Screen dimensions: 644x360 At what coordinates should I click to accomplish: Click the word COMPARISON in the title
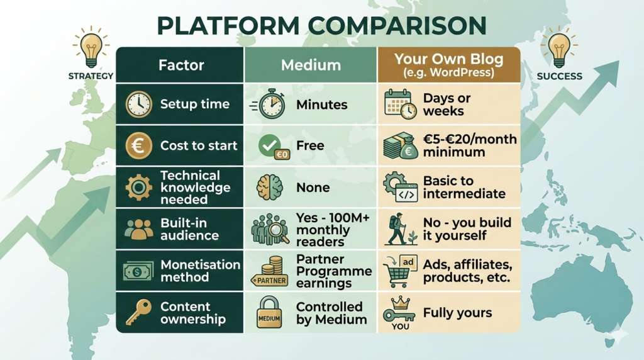pyautogui.click(x=397, y=25)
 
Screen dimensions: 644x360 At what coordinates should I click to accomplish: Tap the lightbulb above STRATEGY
pyautogui.click(x=91, y=48)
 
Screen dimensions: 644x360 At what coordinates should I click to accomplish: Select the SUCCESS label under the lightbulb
pyautogui.click(x=559, y=76)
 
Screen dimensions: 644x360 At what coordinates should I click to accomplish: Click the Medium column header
pyautogui.click(x=311, y=65)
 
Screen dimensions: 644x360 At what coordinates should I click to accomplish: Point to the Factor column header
pyautogui.click(x=181, y=65)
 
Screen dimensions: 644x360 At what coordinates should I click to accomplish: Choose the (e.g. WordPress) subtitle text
pyautogui.click(x=448, y=73)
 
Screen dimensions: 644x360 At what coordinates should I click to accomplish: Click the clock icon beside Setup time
pyautogui.click(x=139, y=104)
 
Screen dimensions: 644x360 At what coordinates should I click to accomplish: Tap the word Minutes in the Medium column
pyautogui.click(x=321, y=105)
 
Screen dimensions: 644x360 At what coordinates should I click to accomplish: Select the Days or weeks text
pyautogui.click(x=447, y=104)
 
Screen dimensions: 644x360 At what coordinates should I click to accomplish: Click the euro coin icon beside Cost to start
pyautogui.click(x=139, y=145)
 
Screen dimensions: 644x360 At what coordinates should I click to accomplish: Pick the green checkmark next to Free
pyautogui.click(x=269, y=145)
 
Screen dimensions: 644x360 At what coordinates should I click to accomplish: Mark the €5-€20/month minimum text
pyautogui.click(x=470, y=145)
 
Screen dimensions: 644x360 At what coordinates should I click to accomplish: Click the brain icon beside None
pyautogui.click(x=269, y=188)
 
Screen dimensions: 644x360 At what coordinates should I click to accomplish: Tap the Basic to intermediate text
pyautogui.click(x=464, y=187)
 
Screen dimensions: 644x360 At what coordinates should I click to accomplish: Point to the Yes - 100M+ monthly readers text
pyautogui.click(x=333, y=230)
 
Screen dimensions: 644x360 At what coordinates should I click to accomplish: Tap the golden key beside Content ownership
pyautogui.click(x=138, y=312)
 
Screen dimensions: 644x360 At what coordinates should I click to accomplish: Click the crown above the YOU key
pyautogui.click(x=401, y=303)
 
